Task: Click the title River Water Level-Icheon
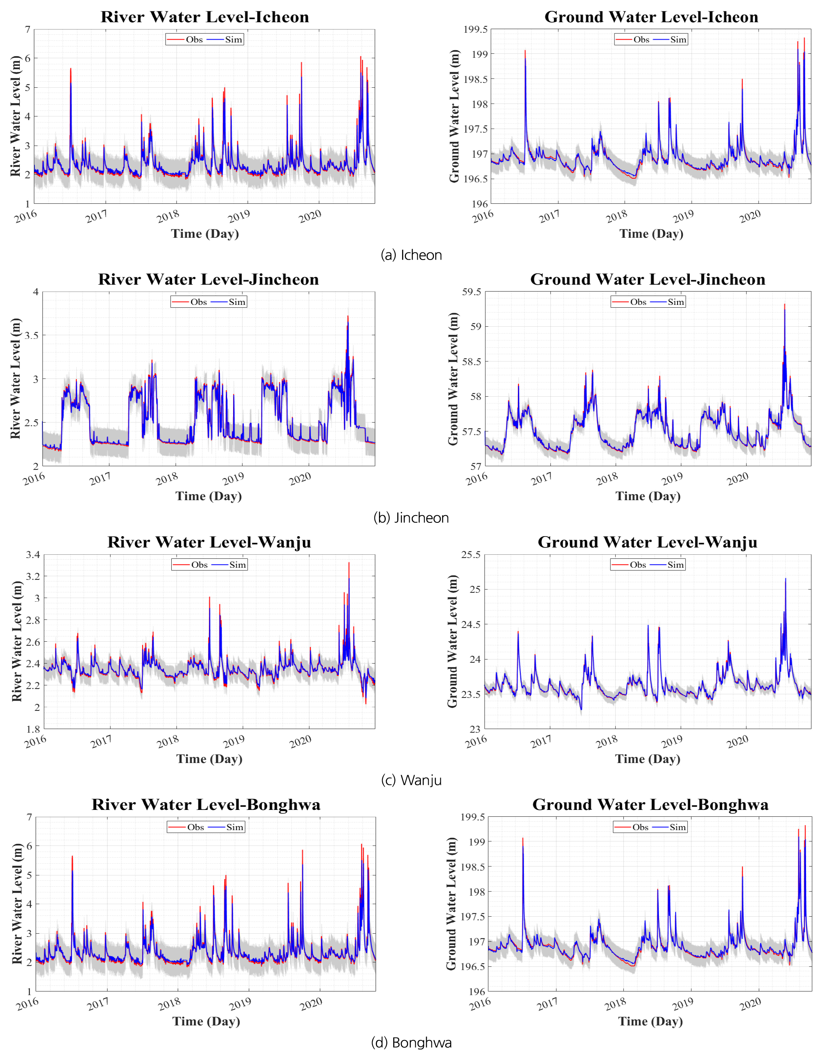pos(204,17)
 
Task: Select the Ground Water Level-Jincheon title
pos(648,279)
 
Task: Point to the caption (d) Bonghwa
pos(411,1042)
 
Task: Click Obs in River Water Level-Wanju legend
pos(199,564)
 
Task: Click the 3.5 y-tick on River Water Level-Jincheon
pos(32,335)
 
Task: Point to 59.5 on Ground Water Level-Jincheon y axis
pos(472,292)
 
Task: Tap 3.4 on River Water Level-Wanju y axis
pos(33,555)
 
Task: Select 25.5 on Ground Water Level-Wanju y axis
pos(471,555)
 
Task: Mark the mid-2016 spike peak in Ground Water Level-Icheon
pos(525,51)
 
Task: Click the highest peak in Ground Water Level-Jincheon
pos(784,304)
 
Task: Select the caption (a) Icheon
pos(411,255)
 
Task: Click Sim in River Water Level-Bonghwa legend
pos(235,827)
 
